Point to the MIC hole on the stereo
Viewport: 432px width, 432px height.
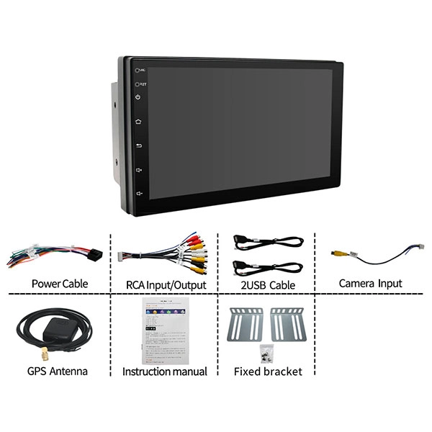(x=135, y=70)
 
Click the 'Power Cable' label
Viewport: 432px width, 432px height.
(x=60, y=284)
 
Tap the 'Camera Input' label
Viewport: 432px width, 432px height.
(x=370, y=284)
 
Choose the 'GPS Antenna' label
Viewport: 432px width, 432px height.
(x=58, y=372)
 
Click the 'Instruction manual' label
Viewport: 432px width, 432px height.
(x=165, y=372)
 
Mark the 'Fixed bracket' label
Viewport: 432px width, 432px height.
(x=269, y=372)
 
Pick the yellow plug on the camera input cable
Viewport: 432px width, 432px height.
(x=337, y=253)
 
